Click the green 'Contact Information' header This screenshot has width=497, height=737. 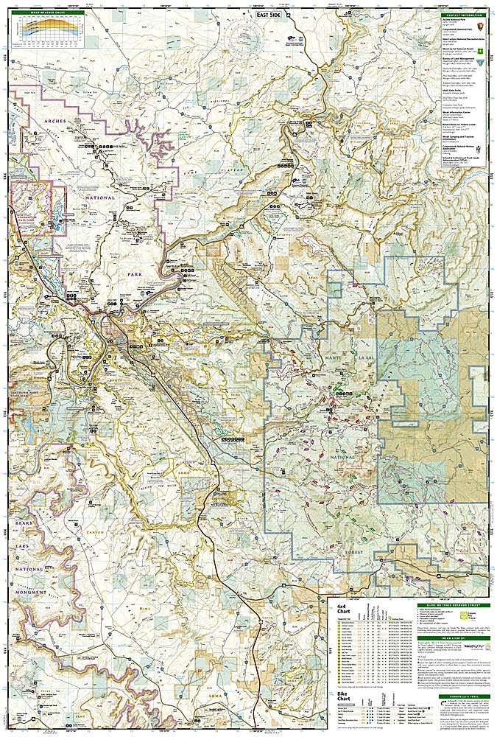[462, 14]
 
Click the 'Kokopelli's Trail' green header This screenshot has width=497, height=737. [462, 696]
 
